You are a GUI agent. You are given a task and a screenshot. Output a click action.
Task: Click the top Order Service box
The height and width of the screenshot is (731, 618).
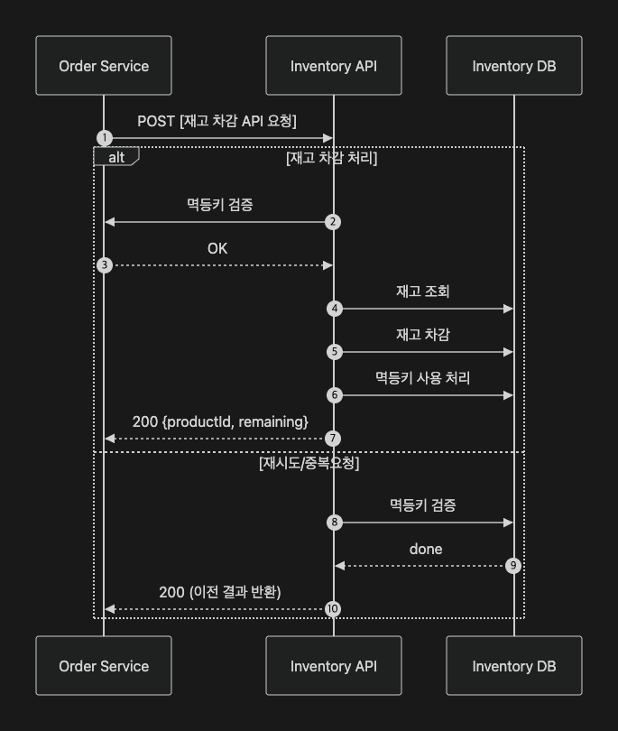coord(104,66)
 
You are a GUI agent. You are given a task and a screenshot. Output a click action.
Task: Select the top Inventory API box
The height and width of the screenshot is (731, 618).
coord(334,66)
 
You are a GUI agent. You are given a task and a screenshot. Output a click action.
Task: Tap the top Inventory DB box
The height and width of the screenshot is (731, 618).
coord(514,66)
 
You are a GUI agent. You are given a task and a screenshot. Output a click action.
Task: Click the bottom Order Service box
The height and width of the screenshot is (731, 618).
coord(104,666)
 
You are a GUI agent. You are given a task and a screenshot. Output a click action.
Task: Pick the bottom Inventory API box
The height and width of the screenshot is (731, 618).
coord(334,666)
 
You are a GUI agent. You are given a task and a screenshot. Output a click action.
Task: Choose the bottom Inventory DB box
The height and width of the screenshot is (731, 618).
coord(514,666)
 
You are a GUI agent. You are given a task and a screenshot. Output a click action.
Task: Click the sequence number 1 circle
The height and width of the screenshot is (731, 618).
coord(105,138)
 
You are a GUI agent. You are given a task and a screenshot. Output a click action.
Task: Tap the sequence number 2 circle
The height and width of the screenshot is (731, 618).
coord(334,222)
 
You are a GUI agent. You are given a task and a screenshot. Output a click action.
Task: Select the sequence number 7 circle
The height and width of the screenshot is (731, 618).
coord(334,439)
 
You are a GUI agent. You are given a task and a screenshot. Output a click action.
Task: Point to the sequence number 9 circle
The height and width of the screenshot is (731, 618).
coord(513,566)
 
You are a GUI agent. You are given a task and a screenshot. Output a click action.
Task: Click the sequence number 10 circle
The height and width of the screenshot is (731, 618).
coord(333,609)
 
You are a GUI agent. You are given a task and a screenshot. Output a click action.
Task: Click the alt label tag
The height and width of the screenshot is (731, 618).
coord(116,157)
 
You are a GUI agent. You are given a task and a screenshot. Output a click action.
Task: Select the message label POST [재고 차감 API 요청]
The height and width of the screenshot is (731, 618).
coord(217,121)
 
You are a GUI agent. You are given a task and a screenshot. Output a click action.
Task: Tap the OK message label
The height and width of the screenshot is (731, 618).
coord(217,248)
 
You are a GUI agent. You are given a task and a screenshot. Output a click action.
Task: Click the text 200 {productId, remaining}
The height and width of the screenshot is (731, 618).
coord(220,421)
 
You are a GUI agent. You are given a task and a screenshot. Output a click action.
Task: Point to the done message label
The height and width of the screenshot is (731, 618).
coord(426,549)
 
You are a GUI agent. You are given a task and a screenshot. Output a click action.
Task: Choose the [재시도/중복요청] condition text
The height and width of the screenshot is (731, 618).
coord(309,463)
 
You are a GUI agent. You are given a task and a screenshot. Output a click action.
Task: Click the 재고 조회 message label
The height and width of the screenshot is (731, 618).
coord(423,291)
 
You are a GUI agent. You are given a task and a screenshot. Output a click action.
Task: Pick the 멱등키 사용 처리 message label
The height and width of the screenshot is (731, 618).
coord(423,377)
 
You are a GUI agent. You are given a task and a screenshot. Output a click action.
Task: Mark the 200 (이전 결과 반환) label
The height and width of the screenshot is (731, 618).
coord(220,592)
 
